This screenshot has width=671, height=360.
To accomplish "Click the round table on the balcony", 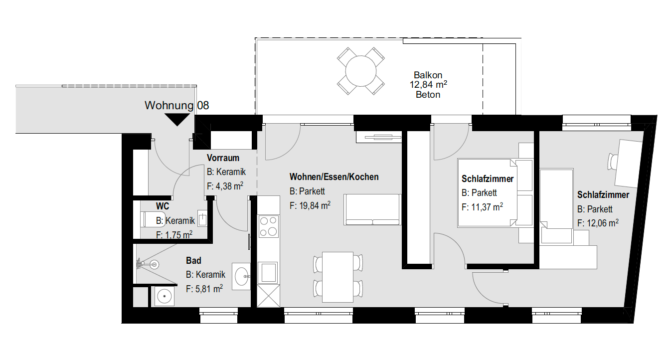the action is tap(360, 71).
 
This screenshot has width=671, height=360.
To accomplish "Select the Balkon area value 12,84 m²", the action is tap(428, 84).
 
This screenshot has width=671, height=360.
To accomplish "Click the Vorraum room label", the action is tap(223, 158).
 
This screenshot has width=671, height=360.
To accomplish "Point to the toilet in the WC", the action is tap(153, 219).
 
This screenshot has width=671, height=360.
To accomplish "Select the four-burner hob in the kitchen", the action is tap(268, 226).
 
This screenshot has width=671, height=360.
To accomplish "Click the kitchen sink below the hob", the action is tap(268, 272).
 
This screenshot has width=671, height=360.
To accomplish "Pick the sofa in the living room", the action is tap(372, 209).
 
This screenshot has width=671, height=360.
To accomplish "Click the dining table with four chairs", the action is tap(337, 277).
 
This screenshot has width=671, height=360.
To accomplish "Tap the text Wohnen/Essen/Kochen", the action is tap(334, 177).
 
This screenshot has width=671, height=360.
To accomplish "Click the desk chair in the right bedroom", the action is tap(613, 162).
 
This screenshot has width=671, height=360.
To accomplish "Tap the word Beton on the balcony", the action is tap(428, 95).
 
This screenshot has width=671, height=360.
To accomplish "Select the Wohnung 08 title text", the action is tap(177, 105).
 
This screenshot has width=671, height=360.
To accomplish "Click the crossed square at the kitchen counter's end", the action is tap(268, 296).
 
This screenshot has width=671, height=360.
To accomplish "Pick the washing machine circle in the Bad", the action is tap(164, 296).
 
